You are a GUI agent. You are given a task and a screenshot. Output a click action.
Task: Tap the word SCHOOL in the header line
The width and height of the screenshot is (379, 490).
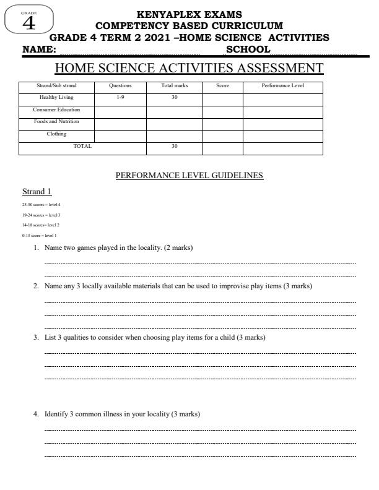coord(248,49)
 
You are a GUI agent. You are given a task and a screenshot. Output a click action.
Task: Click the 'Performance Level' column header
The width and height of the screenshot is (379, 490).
coord(282,85)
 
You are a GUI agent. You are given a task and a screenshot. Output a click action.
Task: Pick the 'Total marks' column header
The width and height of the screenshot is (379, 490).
coord(174,85)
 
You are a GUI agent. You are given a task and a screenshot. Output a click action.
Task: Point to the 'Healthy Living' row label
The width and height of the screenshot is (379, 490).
coord(56,98)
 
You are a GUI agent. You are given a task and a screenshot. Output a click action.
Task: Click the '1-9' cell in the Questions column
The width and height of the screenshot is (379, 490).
coord(120,98)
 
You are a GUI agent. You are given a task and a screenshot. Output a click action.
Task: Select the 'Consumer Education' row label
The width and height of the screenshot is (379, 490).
coord(56,110)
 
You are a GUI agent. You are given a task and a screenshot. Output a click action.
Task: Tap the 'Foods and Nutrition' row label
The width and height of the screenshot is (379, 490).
coord(56,122)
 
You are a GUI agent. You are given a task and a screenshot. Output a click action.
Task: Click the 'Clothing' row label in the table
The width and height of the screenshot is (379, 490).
coord(56,134)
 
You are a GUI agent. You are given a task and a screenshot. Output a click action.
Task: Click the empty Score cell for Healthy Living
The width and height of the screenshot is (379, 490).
coord(222,98)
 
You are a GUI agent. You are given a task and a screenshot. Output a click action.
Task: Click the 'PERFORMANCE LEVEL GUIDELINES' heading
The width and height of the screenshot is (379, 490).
coord(189,176)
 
